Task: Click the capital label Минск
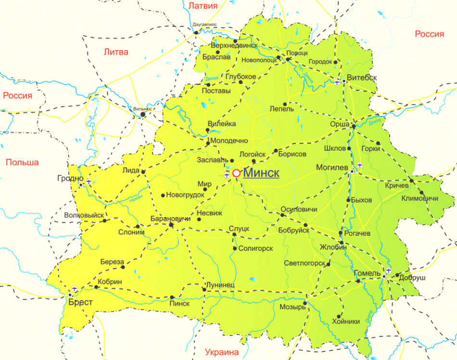(x=261, y=173)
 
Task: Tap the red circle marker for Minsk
(x=236, y=173)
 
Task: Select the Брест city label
(x=80, y=302)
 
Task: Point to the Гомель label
(x=367, y=273)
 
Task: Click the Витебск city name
(x=362, y=77)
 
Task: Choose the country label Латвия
(x=203, y=6)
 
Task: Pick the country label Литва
(x=116, y=51)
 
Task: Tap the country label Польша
(x=22, y=162)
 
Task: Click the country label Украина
(x=222, y=352)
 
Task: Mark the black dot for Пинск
(x=172, y=297)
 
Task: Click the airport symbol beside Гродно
(x=89, y=181)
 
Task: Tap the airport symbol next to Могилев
(x=360, y=165)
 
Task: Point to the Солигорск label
(x=255, y=248)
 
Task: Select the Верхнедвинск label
(x=234, y=45)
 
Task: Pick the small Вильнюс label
(x=142, y=109)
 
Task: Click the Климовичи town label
(x=420, y=198)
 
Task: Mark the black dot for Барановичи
(x=171, y=224)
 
